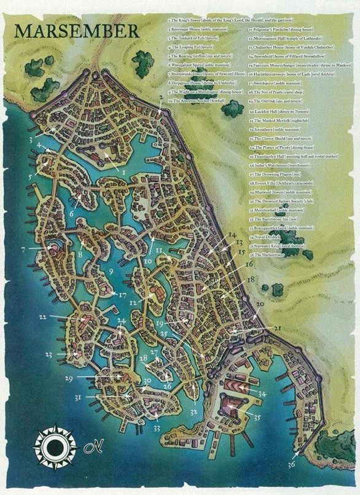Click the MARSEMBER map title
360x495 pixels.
pyautogui.click(x=69, y=30)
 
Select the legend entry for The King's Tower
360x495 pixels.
pyautogui.click(x=206, y=21)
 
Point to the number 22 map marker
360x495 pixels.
pyautogui.click(x=42, y=317)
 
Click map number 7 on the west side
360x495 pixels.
pyautogui.click(x=23, y=249)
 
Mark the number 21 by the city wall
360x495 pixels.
pyautogui.click(x=277, y=329)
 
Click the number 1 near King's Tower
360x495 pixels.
pyautogui.click(x=123, y=173)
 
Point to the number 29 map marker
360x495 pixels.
pyautogui.click(x=69, y=377)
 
